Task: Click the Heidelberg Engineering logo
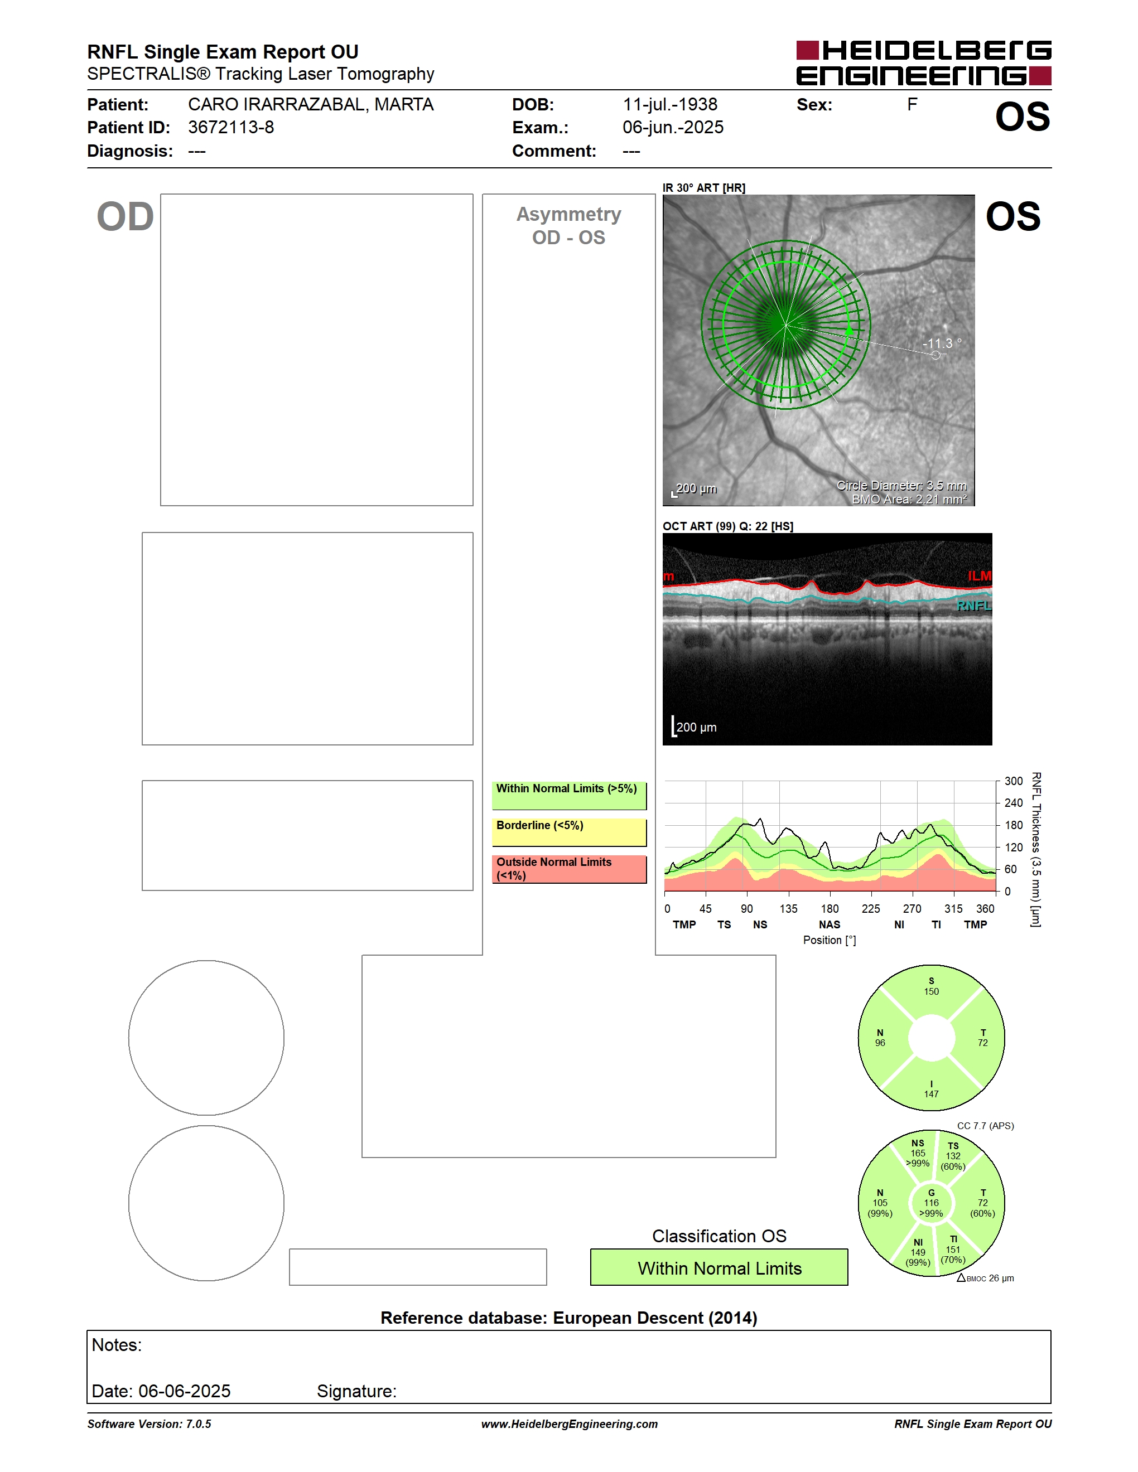click(924, 62)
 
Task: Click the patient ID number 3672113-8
click(230, 127)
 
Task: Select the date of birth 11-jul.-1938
click(669, 104)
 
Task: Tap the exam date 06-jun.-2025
click(673, 127)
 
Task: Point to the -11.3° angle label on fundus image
click(942, 343)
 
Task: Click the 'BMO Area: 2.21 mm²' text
click(909, 500)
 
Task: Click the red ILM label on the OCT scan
click(980, 575)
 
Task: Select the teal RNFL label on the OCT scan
click(974, 606)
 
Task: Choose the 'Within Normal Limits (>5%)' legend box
click(569, 795)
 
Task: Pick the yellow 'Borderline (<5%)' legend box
click(569, 832)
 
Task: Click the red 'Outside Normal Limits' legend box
click(569, 869)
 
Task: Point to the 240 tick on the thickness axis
click(1013, 803)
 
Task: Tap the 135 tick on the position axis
click(788, 908)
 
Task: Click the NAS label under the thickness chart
click(829, 924)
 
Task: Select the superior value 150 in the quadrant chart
click(931, 991)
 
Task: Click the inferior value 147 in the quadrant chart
click(931, 1094)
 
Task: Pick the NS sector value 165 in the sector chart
click(918, 1153)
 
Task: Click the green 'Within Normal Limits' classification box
click(719, 1267)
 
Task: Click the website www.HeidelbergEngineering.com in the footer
click(569, 1423)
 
